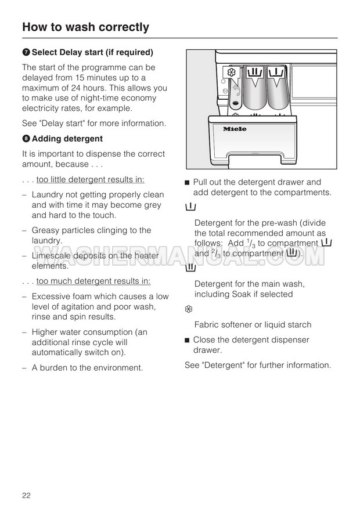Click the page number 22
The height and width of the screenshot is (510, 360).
26,495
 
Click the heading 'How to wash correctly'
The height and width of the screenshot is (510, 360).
85,27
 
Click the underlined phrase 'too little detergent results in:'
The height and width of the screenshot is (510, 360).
91,179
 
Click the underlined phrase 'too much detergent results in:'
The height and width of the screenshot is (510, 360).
93,281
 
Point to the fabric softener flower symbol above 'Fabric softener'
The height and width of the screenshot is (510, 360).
189,309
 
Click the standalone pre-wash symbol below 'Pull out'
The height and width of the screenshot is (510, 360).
189,207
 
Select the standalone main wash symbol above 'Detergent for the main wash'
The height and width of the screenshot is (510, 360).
190,268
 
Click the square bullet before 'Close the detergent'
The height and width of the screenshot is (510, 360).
187,340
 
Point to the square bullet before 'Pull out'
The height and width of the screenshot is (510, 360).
187,183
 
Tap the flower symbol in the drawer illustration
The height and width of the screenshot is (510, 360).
231,73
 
